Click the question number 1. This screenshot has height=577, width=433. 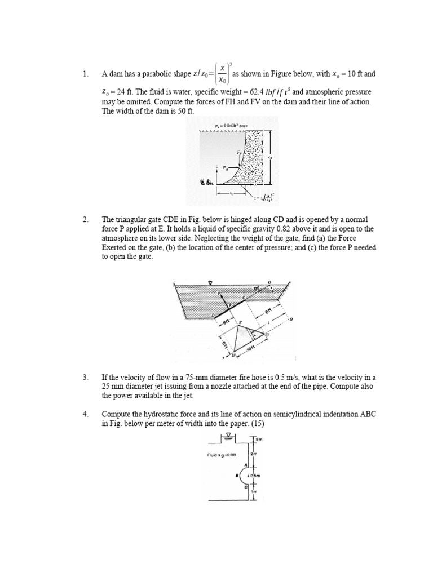pyautogui.click(x=85, y=74)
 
